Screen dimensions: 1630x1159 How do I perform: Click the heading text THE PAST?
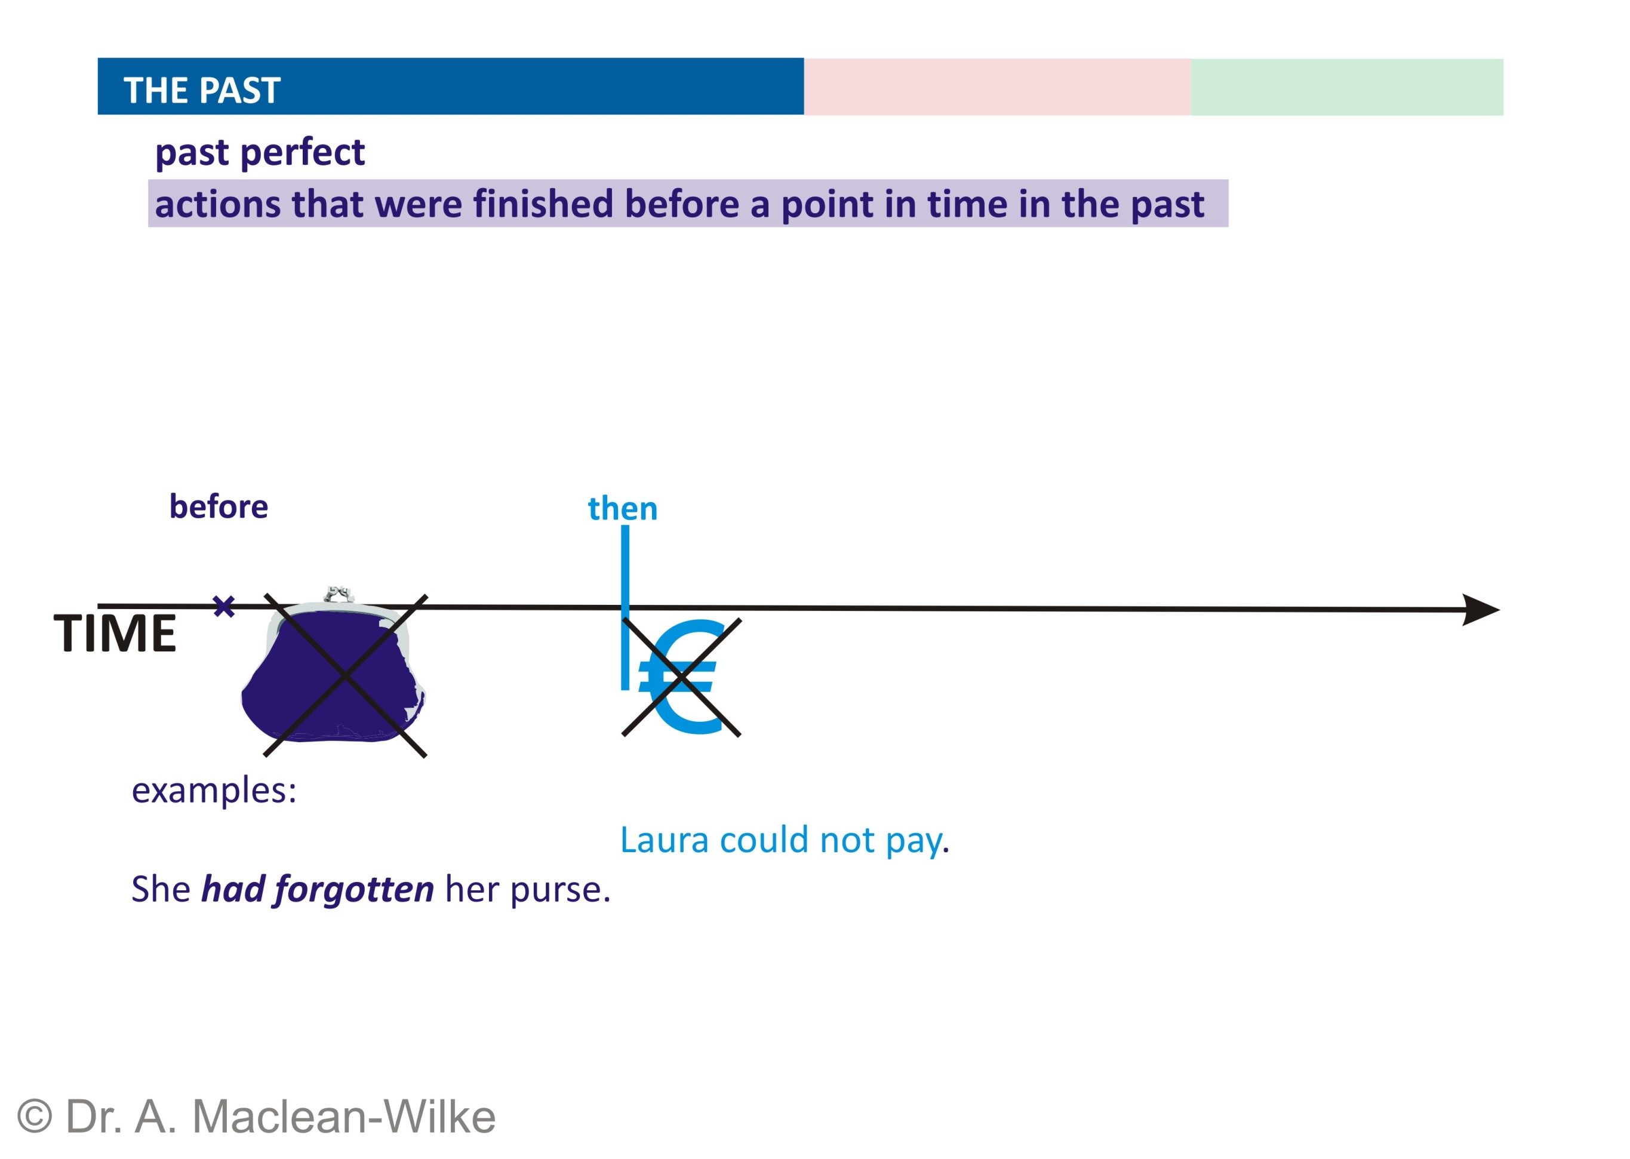[202, 91]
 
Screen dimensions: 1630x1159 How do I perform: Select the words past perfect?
[260, 153]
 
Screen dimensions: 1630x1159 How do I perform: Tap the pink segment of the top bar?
[997, 87]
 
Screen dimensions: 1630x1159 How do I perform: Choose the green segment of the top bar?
[1346, 87]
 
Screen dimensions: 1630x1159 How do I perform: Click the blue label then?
[622, 509]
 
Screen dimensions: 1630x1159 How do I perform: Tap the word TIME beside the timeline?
[115, 633]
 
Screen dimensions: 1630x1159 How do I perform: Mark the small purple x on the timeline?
[224, 607]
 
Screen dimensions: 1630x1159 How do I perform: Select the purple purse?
[333, 671]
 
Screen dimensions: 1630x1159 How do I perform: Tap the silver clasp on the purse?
[339, 594]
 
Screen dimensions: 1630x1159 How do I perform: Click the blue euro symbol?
[679, 676]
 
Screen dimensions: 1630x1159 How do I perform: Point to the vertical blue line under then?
[625, 607]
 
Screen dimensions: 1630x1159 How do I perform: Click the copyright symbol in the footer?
[34, 1116]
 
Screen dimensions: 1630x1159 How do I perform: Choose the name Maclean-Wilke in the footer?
[344, 1116]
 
